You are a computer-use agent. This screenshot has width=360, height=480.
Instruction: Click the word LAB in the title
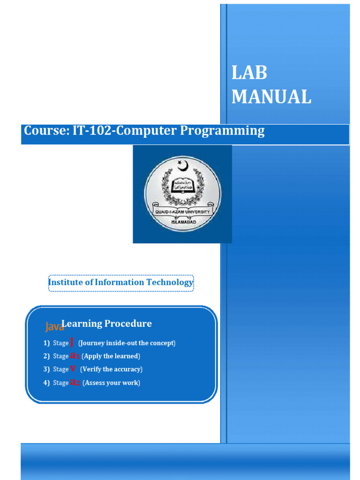tap(249, 73)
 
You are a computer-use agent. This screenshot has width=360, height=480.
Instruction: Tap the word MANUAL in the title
tap(271, 97)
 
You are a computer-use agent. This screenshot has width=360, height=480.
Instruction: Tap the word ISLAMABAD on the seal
tap(182, 219)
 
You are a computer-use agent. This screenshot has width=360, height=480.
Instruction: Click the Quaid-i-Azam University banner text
tap(182, 211)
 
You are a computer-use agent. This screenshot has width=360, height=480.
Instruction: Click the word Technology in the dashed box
tap(169, 282)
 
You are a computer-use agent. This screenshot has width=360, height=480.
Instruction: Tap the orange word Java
tap(54, 326)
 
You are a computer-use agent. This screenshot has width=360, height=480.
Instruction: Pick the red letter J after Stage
tap(72, 342)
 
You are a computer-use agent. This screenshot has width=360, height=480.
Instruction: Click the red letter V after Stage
tap(73, 368)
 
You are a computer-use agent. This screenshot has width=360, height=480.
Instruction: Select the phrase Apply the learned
tap(111, 356)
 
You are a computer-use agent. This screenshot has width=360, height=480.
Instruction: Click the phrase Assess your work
tap(111, 383)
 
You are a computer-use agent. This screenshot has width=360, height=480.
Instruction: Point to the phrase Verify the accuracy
tap(111, 369)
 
